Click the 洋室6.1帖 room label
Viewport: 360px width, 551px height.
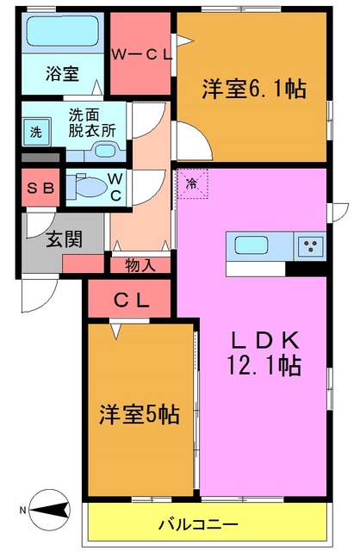click(255, 88)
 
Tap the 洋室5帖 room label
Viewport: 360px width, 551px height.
click(139, 414)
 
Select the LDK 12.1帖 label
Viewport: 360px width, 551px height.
click(264, 352)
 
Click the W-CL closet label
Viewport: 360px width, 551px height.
click(142, 54)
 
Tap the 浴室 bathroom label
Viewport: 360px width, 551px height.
click(61, 74)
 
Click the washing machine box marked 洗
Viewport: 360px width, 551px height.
click(35, 133)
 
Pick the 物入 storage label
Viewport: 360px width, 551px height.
click(140, 264)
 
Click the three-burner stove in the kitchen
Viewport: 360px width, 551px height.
click(310, 246)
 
